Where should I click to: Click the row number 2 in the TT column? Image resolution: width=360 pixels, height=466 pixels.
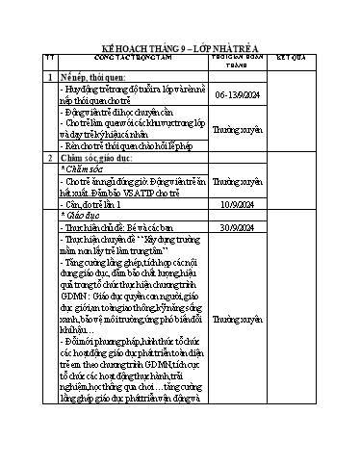(x=50, y=157)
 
